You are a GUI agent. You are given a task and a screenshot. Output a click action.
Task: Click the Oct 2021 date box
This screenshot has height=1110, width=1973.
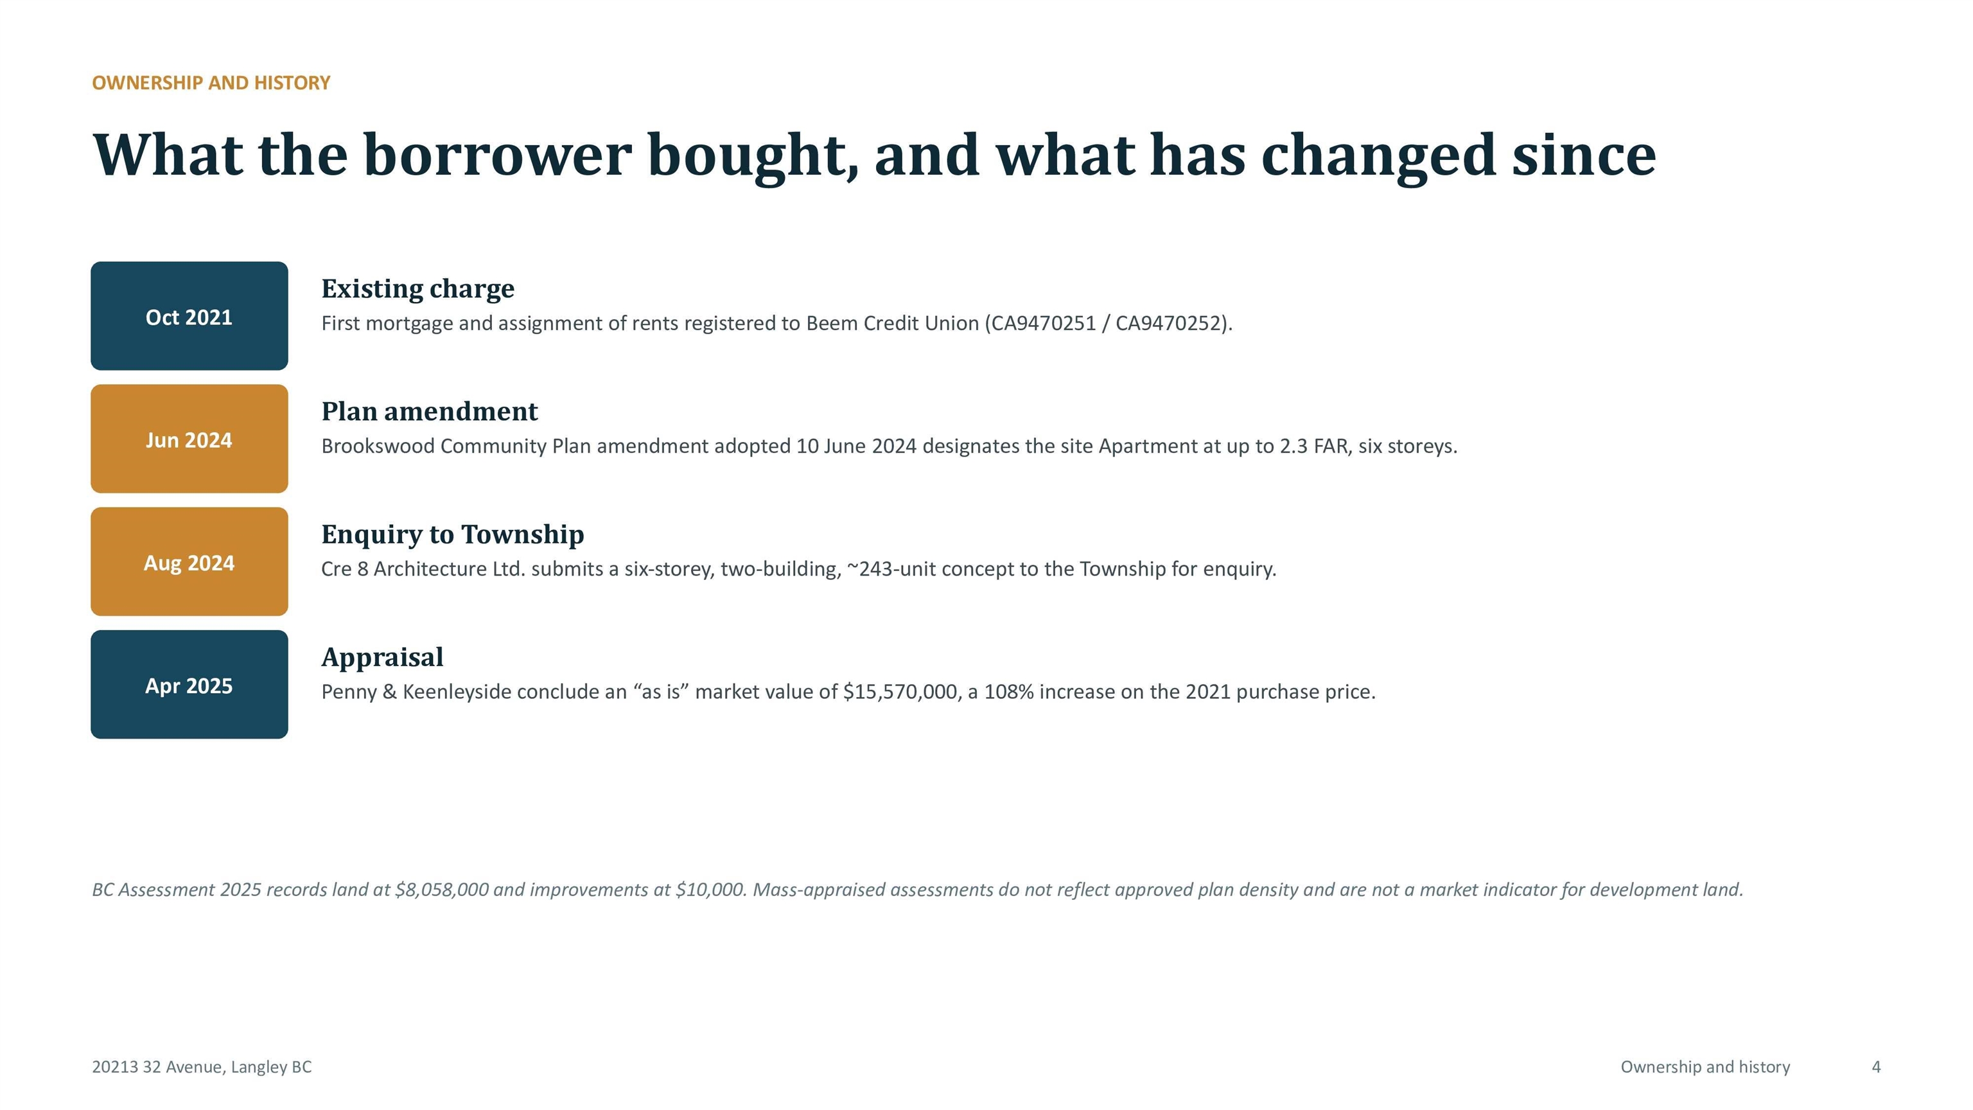189,315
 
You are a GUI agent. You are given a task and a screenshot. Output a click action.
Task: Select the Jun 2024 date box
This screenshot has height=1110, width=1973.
189,439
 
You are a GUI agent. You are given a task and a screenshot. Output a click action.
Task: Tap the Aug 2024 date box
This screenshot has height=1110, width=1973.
189,561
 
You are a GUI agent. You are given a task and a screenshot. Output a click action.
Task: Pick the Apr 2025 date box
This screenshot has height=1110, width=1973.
189,685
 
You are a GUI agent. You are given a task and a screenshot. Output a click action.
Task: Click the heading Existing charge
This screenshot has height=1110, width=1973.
417,289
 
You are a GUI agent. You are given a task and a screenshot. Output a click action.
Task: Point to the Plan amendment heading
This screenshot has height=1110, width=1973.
430,411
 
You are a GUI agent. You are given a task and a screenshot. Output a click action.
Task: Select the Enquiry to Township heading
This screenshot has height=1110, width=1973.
453,534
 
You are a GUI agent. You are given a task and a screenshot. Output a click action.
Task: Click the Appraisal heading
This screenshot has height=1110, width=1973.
382,658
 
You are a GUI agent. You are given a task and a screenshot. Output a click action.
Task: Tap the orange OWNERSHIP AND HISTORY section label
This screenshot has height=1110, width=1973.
211,83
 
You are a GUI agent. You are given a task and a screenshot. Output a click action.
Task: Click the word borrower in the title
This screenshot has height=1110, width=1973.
497,155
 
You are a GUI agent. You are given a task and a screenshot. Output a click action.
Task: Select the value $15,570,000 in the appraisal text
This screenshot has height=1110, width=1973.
900,692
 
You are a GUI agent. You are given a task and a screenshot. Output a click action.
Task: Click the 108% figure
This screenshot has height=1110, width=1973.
1009,692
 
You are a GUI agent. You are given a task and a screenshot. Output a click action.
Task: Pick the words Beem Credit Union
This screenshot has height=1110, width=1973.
892,323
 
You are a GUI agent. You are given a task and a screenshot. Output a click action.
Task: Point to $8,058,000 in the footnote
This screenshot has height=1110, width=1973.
442,890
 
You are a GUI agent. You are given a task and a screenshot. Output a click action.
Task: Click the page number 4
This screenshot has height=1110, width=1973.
1877,1067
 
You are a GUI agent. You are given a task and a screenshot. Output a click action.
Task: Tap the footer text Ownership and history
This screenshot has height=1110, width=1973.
1706,1067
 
